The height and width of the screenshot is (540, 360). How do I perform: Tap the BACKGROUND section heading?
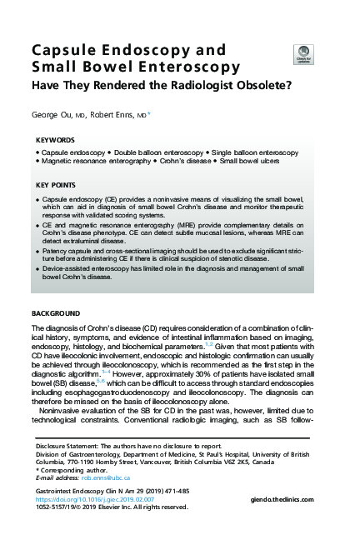56,312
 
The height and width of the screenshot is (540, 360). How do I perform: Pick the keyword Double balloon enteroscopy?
152,153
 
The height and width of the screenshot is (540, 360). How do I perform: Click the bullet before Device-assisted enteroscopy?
37,269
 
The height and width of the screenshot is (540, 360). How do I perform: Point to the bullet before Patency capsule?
37,249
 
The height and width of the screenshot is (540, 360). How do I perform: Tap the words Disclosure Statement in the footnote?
69,446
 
